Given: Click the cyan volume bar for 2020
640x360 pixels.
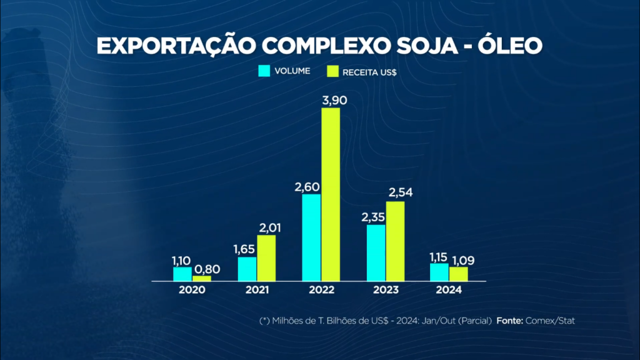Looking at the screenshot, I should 182,274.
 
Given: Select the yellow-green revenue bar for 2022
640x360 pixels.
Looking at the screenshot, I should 331,194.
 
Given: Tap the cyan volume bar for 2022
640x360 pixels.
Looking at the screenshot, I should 311,237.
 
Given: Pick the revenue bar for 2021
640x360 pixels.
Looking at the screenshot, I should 266,257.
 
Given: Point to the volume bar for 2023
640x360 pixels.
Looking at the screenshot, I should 376,252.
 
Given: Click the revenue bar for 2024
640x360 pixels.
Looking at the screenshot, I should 458,274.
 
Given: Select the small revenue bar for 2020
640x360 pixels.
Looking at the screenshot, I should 201,278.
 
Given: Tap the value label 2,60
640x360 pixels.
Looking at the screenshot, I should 307,186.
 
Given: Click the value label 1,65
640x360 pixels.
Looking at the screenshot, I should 244,249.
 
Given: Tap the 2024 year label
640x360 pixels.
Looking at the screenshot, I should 449,291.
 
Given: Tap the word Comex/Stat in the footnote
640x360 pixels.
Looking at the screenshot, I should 549,321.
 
